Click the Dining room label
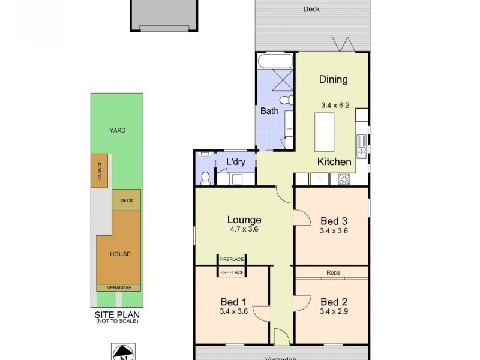(x=333, y=79)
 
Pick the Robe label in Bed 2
(x=334, y=272)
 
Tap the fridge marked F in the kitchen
(x=319, y=178)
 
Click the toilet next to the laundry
(x=205, y=177)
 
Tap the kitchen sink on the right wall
(x=362, y=148)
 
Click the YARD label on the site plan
(x=116, y=130)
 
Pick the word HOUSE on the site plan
(x=119, y=254)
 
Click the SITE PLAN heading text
(x=116, y=314)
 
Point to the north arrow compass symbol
(x=122, y=351)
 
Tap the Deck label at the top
(x=311, y=9)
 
